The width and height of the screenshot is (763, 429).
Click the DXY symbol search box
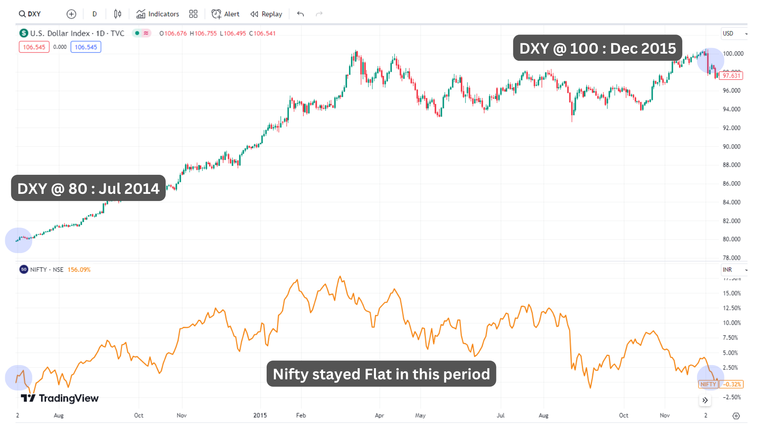[30, 14]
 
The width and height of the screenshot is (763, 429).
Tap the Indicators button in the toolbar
[158, 14]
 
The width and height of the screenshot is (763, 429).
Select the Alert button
[225, 14]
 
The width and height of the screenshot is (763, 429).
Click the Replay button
[266, 14]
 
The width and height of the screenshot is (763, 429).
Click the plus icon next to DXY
[71, 14]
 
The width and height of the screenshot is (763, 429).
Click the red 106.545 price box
[34, 47]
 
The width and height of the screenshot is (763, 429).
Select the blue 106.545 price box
[86, 47]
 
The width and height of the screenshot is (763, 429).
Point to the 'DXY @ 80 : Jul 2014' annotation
[88, 188]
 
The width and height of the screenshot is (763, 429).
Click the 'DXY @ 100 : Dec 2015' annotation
[597, 48]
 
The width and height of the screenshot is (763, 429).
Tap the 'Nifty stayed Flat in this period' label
[381, 374]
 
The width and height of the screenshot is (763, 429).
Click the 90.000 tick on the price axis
[732, 147]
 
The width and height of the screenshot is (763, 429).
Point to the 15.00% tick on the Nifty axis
[732, 293]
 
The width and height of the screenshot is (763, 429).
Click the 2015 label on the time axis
[260, 415]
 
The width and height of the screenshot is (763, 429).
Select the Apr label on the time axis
[380, 415]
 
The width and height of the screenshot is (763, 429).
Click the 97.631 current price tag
[731, 75]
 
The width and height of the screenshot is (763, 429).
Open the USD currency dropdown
[734, 33]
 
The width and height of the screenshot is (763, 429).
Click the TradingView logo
[60, 398]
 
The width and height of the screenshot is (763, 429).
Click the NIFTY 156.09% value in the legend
[79, 270]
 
